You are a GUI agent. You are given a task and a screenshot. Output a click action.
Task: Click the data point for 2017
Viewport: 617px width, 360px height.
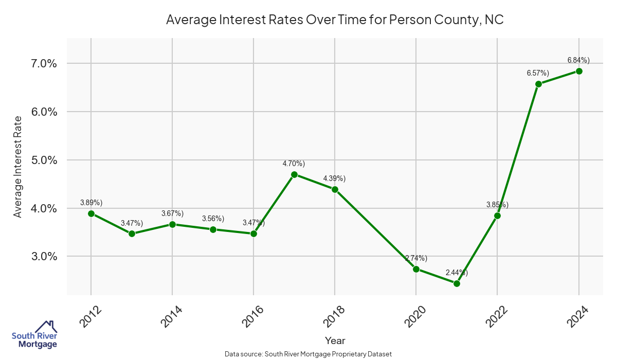coord(294,174)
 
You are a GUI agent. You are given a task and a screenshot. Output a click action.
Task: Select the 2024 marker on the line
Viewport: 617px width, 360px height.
coord(579,71)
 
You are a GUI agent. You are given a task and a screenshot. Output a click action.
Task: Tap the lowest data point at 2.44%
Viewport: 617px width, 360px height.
coord(457,283)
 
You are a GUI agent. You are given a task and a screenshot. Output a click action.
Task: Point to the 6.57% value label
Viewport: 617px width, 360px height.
coord(538,73)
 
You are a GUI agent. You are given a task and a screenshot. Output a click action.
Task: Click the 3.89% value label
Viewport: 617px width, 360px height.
coord(91,203)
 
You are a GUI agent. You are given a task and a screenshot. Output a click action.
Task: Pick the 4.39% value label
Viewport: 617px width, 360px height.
coord(334,178)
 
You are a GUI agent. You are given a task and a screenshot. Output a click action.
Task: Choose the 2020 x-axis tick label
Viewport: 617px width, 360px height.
coord(413,316)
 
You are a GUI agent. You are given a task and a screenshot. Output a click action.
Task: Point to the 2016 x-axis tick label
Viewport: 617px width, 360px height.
coord(251,316)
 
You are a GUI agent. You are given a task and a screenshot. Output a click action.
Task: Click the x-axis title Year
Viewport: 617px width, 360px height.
coord(335,340)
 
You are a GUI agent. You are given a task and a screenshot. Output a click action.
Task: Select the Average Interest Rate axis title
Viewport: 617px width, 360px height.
coord(18,167)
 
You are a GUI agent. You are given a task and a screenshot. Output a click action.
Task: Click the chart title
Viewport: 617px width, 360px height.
coord(334,20)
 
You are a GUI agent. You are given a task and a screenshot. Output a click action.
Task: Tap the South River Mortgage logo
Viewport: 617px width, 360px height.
coord(34,335)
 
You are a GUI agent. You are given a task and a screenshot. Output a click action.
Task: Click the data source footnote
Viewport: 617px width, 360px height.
coord(308,354)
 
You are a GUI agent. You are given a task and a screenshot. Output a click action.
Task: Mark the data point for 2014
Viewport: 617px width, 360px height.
coord(172,224)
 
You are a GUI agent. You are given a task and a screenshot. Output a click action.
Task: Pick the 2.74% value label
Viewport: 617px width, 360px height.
coord(416,258)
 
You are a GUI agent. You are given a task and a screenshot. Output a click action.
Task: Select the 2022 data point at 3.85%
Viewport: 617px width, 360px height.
coord(497,215)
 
